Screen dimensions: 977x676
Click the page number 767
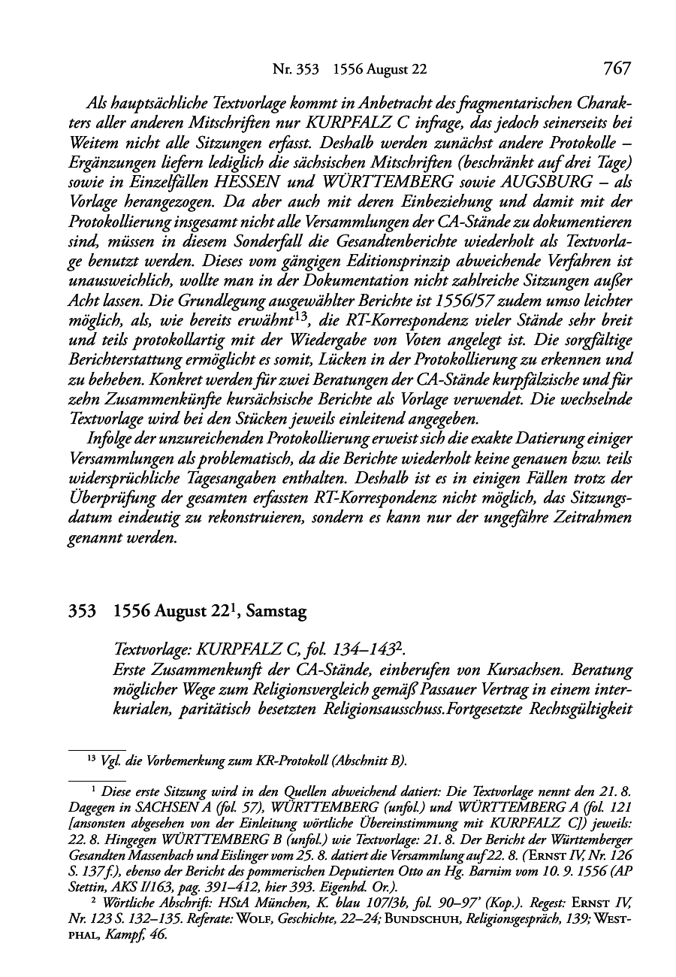pos(615,69)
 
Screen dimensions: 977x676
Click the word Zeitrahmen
pos(590,519)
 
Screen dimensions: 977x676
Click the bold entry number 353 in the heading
pos(80,613)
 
